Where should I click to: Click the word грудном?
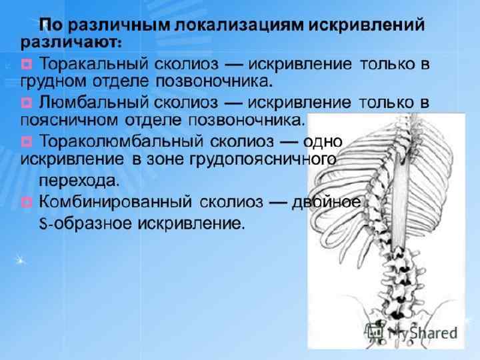51,83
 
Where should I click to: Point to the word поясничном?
69,121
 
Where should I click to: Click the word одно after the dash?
323,141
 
